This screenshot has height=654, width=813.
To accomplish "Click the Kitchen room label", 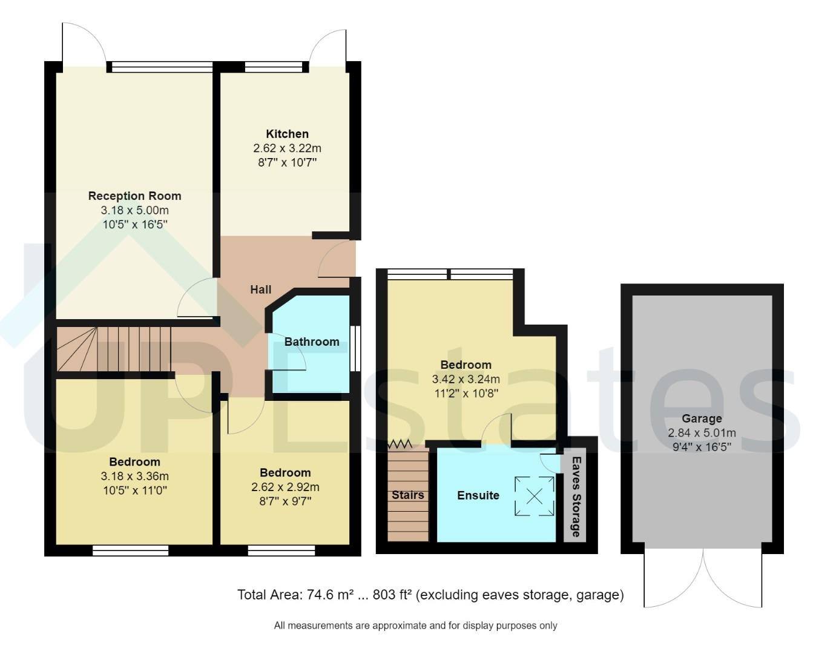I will point(287,134).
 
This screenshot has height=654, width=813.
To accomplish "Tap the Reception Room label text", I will point(134,196).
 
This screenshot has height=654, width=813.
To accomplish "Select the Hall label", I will point(261,289).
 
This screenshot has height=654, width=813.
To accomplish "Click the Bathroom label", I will point(312,342).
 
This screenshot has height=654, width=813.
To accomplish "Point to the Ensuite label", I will point(478,495).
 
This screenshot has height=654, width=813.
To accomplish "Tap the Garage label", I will point(702,418).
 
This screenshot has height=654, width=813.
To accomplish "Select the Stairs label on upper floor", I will point(407,495).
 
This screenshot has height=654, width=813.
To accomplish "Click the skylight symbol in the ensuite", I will point(535,497).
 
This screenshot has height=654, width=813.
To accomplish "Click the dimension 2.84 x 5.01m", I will point(702,433).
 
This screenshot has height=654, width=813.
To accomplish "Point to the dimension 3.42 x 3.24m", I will point(466,380).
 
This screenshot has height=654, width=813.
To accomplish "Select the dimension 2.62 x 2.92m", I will point(285,487).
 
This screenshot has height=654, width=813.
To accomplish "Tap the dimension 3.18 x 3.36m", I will point(134,476).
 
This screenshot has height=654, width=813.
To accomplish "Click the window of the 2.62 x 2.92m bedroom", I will point(281,550).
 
